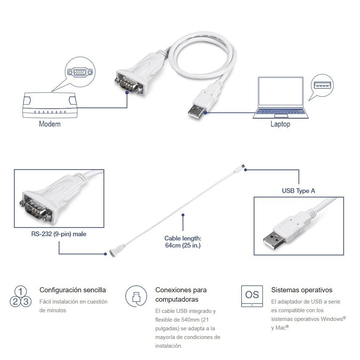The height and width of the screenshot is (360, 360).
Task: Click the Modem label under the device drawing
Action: tap(50, 124)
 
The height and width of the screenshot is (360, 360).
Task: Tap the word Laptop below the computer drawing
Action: tap(280, 124)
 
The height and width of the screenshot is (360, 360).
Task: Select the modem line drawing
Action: tap(50, 105)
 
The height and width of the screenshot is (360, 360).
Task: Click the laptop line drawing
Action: tap(280, 98)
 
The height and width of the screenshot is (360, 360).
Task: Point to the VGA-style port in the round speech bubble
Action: tap(80, 73)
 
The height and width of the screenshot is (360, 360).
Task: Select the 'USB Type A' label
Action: tap(298, 191)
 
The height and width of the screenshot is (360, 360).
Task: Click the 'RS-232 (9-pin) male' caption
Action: tap(59, 234)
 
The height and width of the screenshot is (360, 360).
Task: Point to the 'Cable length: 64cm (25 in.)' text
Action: tap(183, 242)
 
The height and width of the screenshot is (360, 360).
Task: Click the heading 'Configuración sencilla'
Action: tap(73, 290)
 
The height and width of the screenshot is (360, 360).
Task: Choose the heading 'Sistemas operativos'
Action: tap(302, 290)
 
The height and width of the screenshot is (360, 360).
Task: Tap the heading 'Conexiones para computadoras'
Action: tap(181, 295)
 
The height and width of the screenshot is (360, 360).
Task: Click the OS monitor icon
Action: tap(252, 296)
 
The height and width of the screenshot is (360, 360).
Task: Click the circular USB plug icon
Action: tap(136, 296)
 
